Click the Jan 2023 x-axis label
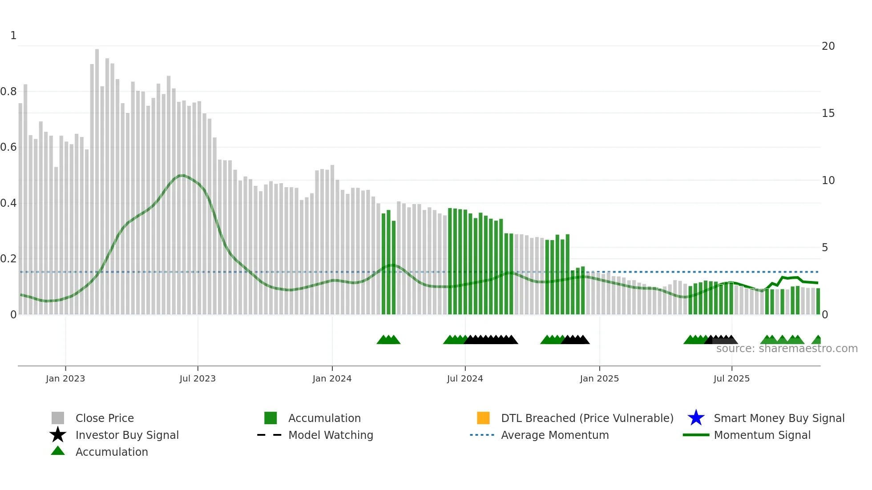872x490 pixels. pos(65,378)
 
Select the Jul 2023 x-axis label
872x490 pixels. pos(198,378)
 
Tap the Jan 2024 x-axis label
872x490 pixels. pos(332,378)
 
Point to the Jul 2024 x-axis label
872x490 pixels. pos(465,378)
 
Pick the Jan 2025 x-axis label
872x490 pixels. pos(599,378)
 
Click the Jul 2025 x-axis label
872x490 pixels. pos(732,378)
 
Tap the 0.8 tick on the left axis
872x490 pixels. pos(8,92)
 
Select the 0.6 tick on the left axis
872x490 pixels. pos(8,147)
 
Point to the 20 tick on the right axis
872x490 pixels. pos(828,46)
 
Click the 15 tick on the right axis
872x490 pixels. pos(828,113)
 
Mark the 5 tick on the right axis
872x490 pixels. pos(825,248)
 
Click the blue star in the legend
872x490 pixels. pos(696,418)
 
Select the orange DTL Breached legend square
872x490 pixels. pos(483,418)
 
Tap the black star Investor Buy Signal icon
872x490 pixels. pos(58,435)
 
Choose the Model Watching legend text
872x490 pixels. pos(331,435)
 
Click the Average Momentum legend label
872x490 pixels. pos(555,435)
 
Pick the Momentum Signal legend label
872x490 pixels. pos(762,435)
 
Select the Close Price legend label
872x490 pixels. pos(105,418)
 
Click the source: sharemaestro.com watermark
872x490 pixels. pos(787,349)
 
